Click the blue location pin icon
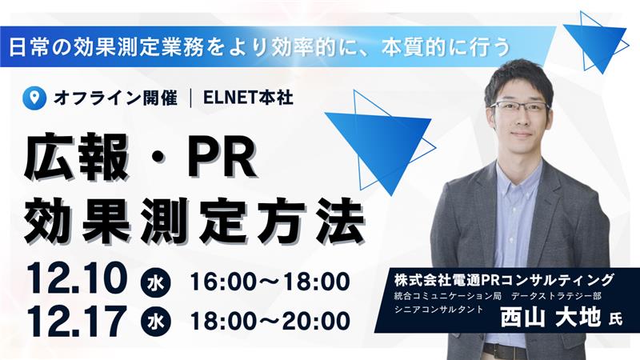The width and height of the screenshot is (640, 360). [33, 98]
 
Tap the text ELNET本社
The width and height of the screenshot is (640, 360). [249, 98]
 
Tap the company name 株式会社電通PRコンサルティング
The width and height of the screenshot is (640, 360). [504, 279]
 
